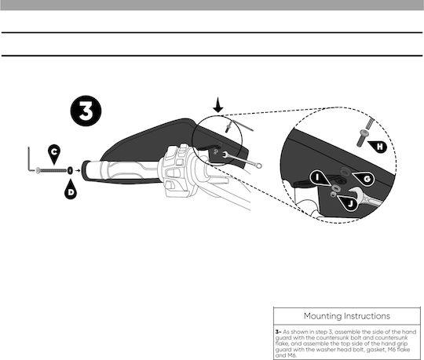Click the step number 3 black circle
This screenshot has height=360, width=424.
pos(86,111)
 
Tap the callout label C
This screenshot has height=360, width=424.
pos(54,153)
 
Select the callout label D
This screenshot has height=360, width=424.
pos(71,191)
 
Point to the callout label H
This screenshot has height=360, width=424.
pos(378,147)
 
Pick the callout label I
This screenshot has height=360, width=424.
pos(320,177)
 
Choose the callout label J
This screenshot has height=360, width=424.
pos(349,203)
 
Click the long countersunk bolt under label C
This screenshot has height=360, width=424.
pos(51,170)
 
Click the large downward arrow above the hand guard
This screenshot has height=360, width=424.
pos(218,106)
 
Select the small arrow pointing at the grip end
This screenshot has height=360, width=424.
pos(78,170)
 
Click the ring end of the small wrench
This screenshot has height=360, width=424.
pos(258,165)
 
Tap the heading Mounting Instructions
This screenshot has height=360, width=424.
pos(347,316)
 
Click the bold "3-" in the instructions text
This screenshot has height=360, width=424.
pos(278,332)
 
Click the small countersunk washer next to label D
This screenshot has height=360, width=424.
pos(70,170)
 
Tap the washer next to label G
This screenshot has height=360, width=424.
pos(345,171)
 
